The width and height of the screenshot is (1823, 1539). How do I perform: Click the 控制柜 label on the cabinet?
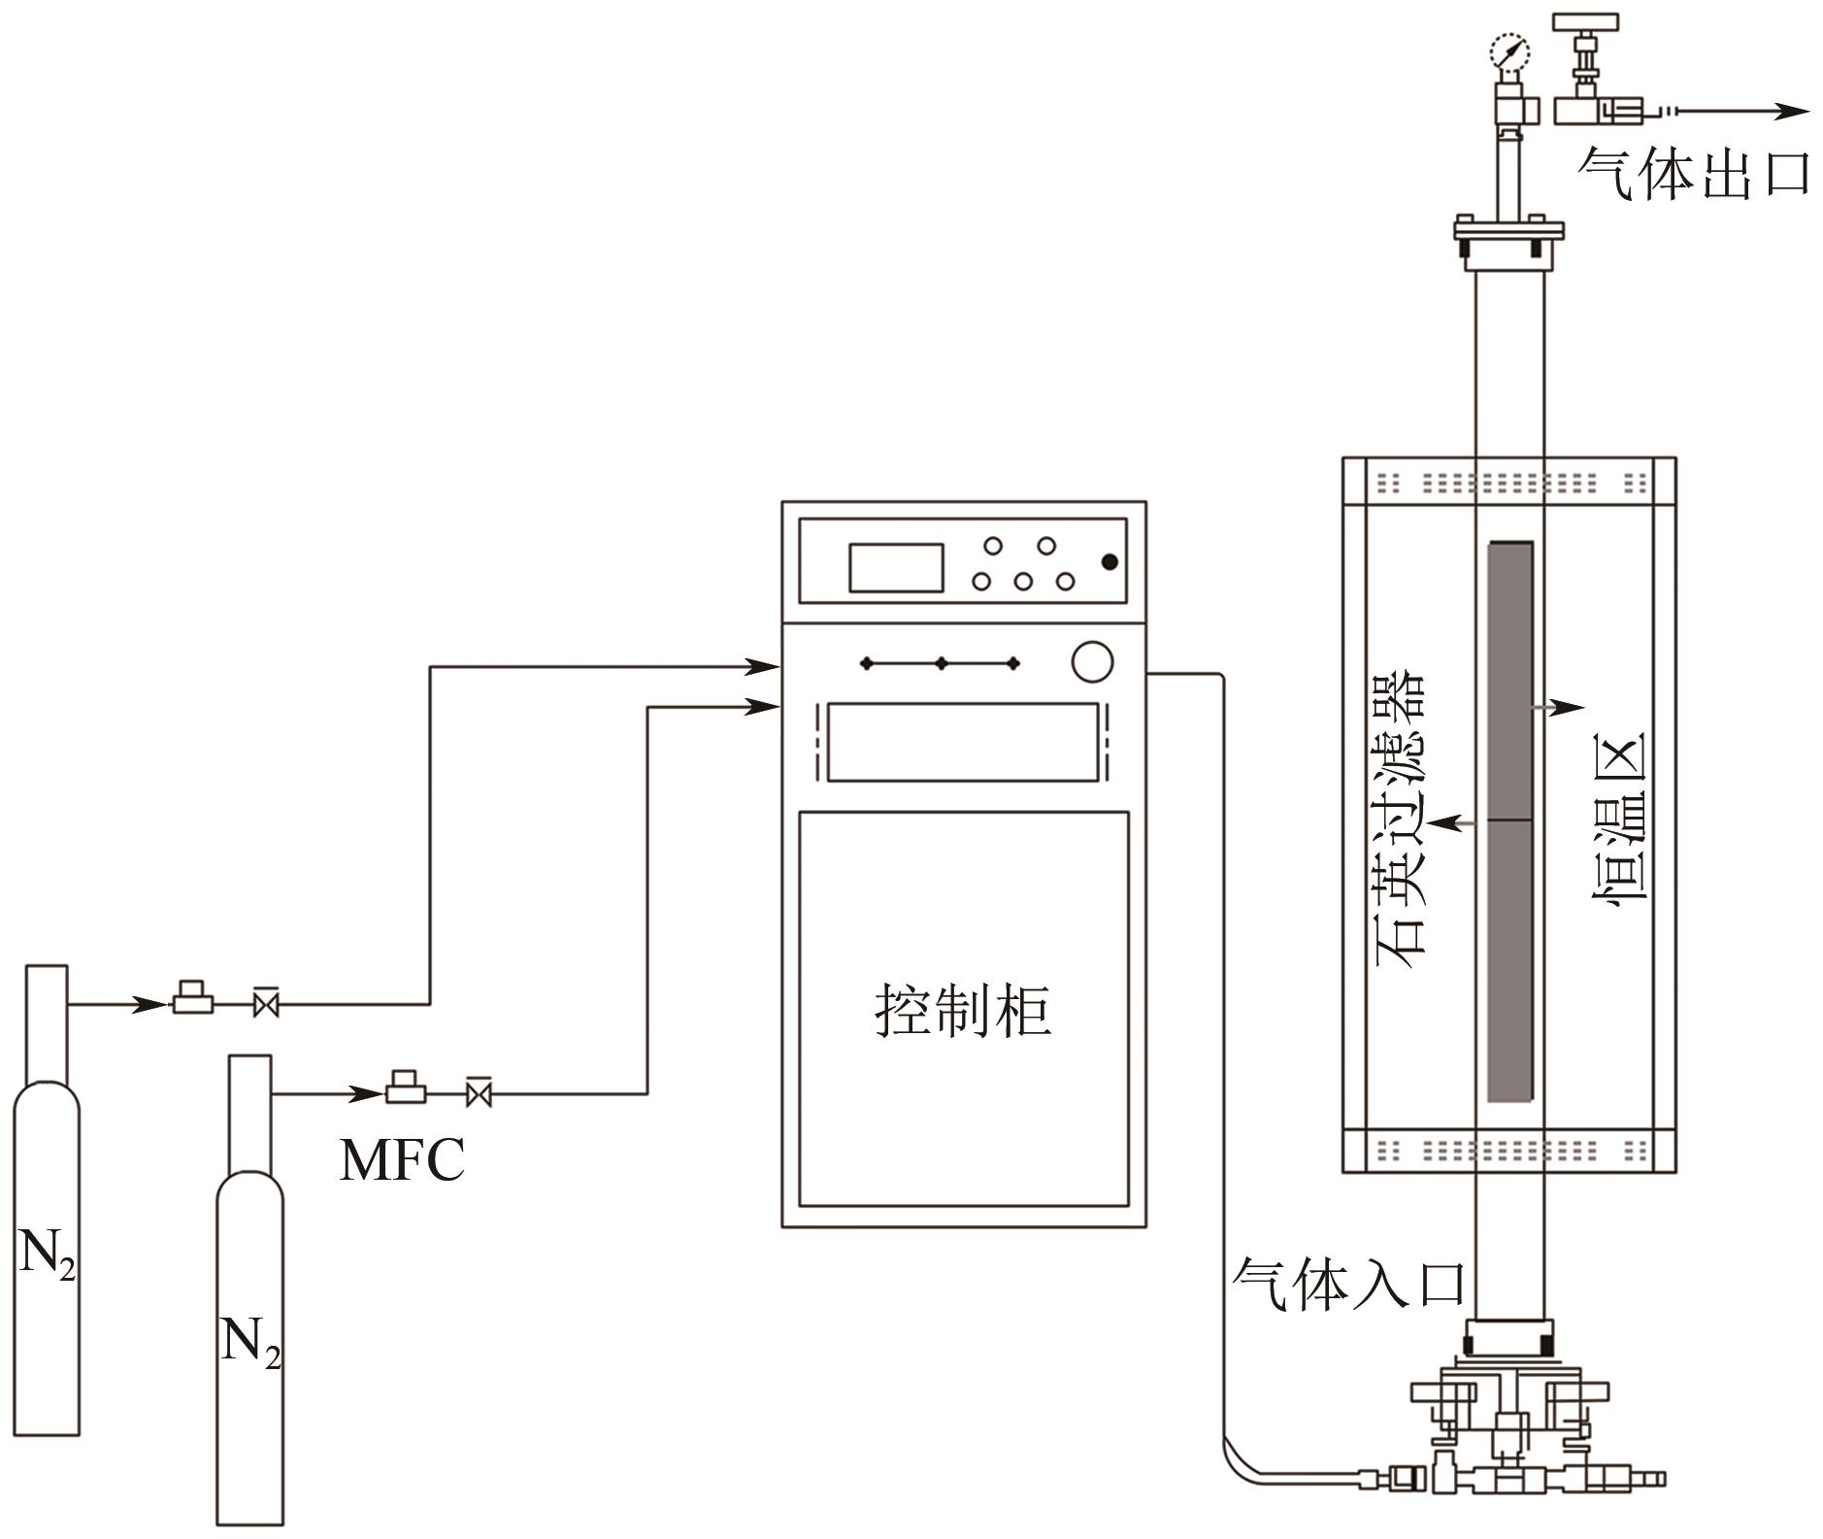(963, 1011)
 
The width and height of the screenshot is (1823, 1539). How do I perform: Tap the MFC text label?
(402, 1159)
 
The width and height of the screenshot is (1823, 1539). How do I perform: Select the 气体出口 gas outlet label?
(1693, 174)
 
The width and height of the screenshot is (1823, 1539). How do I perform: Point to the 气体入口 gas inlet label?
(1348, 1283)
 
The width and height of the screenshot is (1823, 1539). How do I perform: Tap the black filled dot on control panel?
(1110, 562)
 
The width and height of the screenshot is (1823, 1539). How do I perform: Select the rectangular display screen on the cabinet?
(896, 568)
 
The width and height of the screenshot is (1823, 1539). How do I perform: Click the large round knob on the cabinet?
(1092, 661)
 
